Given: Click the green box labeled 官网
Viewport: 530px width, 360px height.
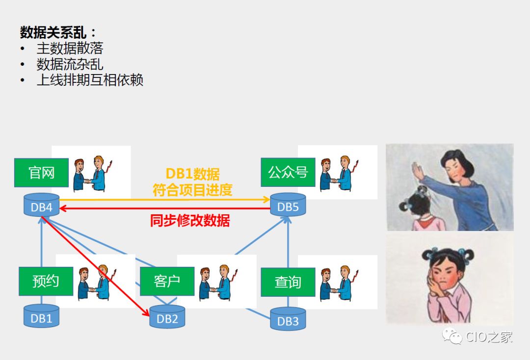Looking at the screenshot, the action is pyautogui.click(x=41, y=173).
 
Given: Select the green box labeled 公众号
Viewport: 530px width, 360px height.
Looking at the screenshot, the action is pyautogui.click(x=288, y=172).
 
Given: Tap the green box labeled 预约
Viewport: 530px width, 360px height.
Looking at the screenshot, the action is pyautogui.click(x=46, y=281).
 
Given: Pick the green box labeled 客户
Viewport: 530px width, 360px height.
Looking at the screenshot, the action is pyautogui.click(x=167, y=281).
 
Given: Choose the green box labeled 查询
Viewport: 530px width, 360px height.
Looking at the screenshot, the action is pyautogui.click(x=288, y=282).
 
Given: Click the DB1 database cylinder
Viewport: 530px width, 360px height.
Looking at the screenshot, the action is pyautogui.click(x=42, y=317).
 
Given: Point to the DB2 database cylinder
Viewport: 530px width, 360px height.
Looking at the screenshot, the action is pyautogui.click(x=167, y=317).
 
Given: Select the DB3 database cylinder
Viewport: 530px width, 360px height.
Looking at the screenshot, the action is pyautogui.click(x=288, y=320).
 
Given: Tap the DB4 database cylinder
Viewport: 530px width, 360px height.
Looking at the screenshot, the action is pyautogui.click(x=42, y=206).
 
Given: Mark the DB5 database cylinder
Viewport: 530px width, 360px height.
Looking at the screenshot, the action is pyautogui.click(x=288, y=206).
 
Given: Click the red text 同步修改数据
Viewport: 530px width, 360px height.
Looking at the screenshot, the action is pyautogui.click(x=190, y=221).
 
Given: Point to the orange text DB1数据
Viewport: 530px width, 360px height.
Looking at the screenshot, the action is pyautogui.click(x=192, y=174).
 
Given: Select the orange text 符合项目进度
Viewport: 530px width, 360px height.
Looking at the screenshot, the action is pyautogui.click(x=192, y=190).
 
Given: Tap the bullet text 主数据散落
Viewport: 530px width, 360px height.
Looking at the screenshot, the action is pyautogui.click(x=70, y=48).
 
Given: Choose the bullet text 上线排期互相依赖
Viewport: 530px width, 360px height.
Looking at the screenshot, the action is pyautogui.click(x=90, y=80).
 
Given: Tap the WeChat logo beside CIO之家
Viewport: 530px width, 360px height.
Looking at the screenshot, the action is pyautogui.click(x=452, y=336).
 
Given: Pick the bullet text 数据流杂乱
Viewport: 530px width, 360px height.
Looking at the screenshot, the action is pyautogui.click(x=70, y=64).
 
